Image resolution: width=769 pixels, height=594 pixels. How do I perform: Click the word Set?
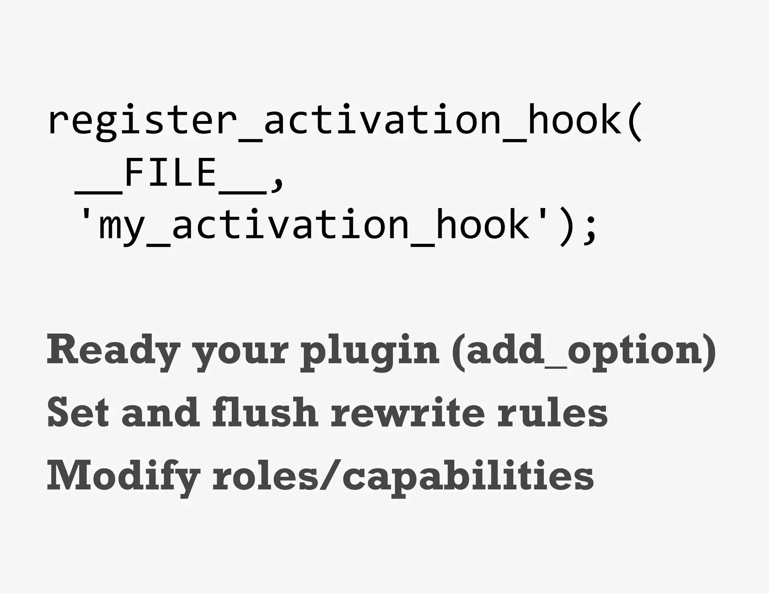click(78, 413)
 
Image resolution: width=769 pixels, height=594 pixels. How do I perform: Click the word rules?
click(552, 413)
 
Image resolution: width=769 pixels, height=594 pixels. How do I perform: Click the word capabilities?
click(468, 476)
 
